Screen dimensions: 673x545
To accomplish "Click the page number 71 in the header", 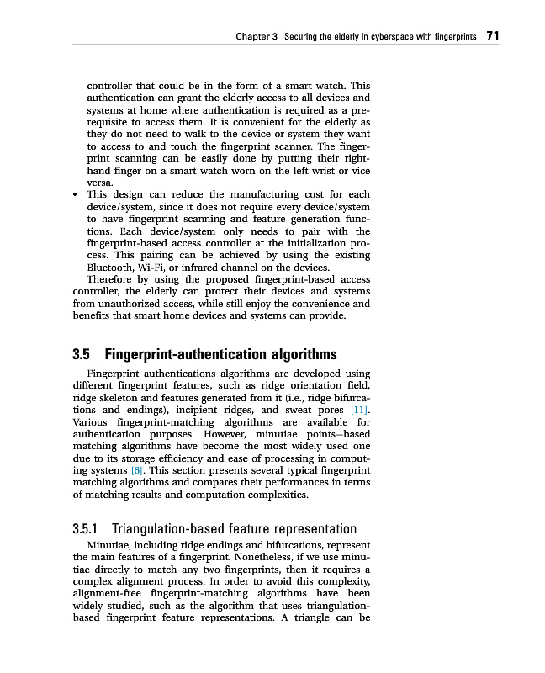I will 493,36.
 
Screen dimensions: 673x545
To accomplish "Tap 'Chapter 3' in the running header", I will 257,37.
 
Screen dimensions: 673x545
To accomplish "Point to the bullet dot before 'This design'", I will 77,194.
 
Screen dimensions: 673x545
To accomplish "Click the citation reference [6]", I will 135,471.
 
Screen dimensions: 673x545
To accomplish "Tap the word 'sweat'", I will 302,410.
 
